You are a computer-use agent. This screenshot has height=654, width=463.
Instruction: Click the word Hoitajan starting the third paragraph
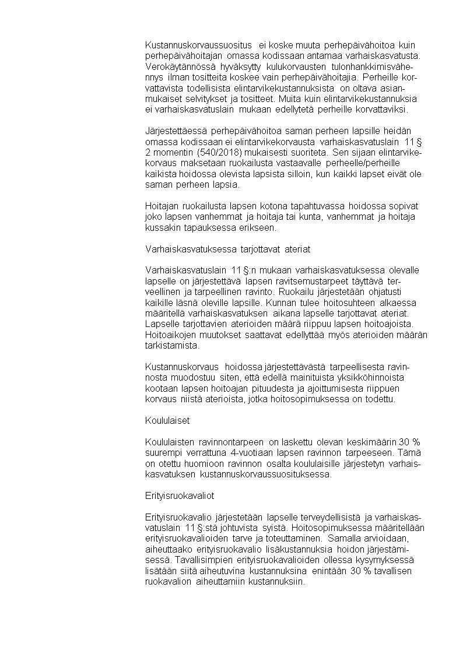click(160, 206)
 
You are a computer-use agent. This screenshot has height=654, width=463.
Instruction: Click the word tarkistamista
click(169, 345)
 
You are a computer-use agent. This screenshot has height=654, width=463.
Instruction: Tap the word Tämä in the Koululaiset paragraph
click(412, 452)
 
